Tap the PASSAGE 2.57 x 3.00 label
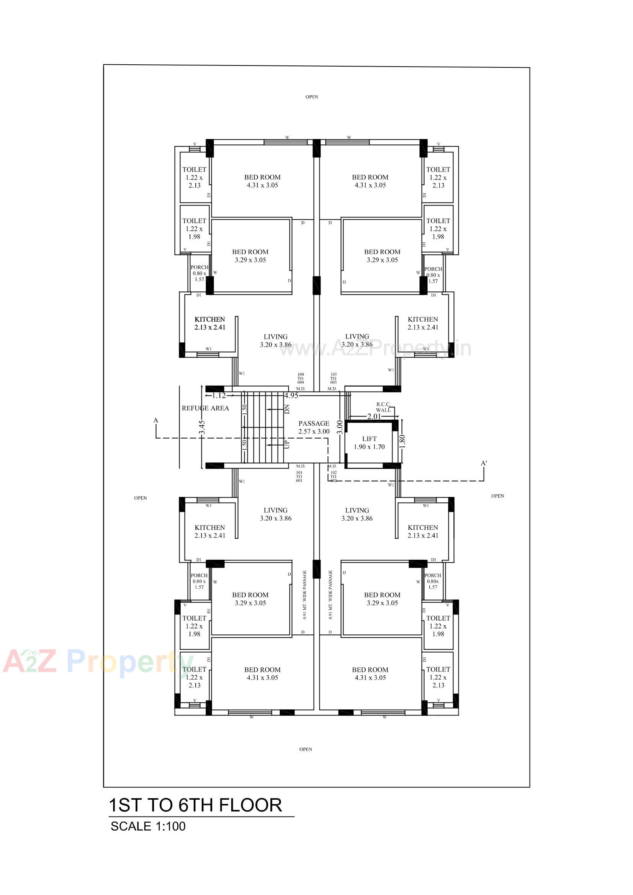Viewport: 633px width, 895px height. click(314, 427)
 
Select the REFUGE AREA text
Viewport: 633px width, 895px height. click(205, 408)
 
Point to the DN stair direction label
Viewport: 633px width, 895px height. click(287, 409)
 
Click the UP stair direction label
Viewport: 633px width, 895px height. click(287, 444)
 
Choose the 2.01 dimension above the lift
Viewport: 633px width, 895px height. click(374, 416)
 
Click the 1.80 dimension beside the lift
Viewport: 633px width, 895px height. click(402, 441)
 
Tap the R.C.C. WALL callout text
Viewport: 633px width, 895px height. click(383, 407)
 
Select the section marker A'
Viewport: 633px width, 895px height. click(484, 463)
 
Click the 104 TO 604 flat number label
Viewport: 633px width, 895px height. click(300, 378)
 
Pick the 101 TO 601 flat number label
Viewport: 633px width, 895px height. click(299, 476)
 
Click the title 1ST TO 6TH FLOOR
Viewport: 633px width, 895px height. click(195, 805)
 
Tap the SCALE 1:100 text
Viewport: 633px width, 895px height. click(148, 826)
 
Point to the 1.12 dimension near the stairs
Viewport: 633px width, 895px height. click(219, 396)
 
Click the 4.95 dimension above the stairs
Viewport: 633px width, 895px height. click(291, 396)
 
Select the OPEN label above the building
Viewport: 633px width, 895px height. click(312, 97)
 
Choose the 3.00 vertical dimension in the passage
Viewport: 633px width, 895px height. click(340, 427)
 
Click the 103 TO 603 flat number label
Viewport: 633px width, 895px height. click(333, 378)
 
